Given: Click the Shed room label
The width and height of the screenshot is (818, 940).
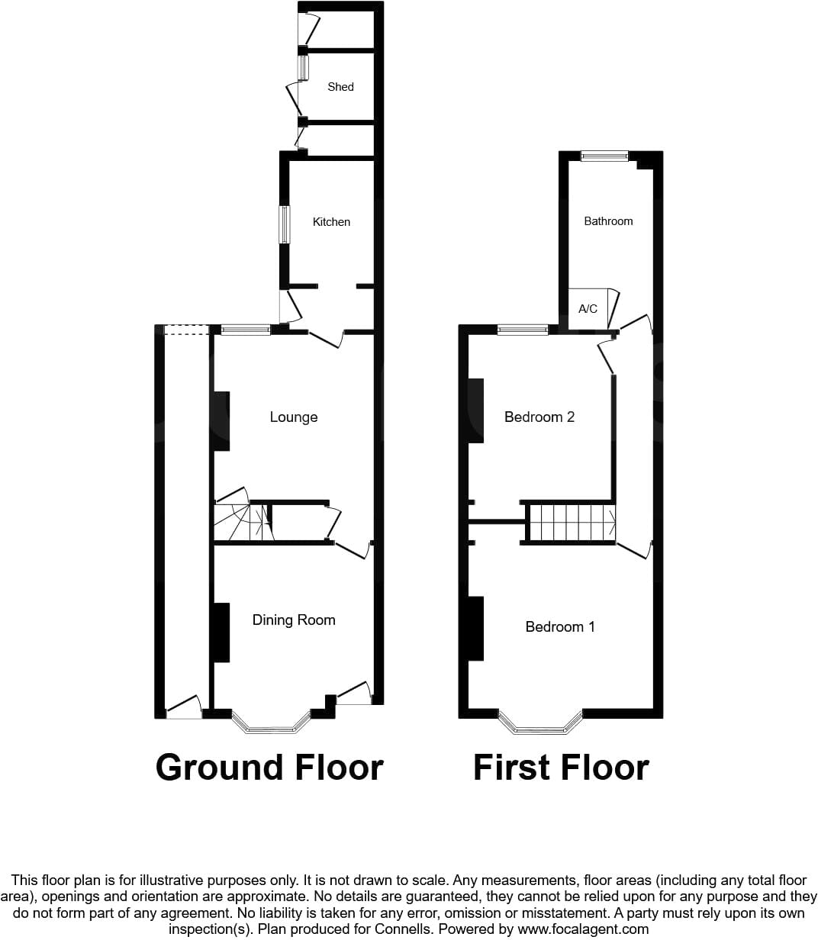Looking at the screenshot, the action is [x=340, y=87].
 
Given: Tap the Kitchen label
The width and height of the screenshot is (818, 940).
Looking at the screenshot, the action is [x=331, y=222].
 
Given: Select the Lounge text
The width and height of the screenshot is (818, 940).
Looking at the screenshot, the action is [x=294, y=417].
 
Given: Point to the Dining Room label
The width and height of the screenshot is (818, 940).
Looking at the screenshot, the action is [x=294, y=620].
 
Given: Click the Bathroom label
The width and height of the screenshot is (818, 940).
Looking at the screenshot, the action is [x=608, y=221].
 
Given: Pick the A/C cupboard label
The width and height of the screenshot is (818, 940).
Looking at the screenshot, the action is [x=588, y=309].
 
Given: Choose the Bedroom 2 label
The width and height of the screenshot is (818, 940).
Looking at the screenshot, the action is [x=539, y=417].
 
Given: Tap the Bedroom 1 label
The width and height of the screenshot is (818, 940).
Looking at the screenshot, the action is [x=560, y=626].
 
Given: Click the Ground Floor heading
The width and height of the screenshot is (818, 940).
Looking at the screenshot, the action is [x=269, y=768].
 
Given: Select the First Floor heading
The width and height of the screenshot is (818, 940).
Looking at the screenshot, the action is [x=561, y=768].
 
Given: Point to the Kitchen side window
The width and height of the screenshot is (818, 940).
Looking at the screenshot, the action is [x=285, y=224].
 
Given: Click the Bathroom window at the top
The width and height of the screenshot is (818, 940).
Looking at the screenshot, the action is [x=604, y=156].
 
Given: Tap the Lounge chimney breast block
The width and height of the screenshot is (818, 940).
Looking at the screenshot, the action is [x=222, y=421].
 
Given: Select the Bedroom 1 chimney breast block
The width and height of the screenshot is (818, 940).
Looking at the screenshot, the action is [x=476, y=629].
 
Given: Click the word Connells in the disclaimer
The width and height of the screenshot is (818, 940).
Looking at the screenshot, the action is [x=403, y=929].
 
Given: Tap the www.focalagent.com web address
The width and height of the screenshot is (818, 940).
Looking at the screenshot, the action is [x=583, y=929].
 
